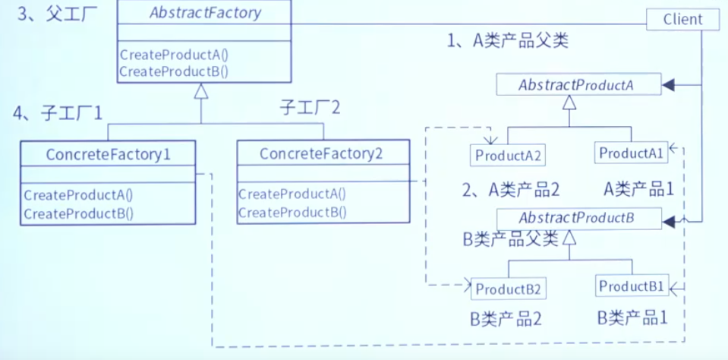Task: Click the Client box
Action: click(682, 19)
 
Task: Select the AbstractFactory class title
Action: click(206, 12)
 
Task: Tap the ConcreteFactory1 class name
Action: click(108, 154)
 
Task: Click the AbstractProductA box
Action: click(576, 85)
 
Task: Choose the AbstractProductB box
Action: click(576, 219)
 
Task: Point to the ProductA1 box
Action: click(632, 153)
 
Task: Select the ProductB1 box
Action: click(632, 287)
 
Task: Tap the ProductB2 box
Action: click(508, 289)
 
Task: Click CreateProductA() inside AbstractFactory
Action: click(174, 55)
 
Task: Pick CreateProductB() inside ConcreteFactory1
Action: click(78, 213)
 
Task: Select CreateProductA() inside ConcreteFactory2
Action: click(292, 194)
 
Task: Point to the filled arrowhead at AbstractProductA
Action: click(668, 86)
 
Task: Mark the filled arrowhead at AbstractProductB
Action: click(668, 220)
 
